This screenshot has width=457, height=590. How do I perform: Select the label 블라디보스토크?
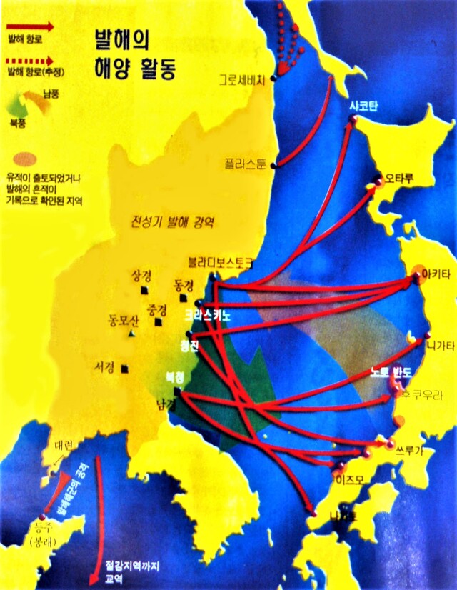(219, 262)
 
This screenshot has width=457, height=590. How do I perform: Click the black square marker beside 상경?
(145, 291)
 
